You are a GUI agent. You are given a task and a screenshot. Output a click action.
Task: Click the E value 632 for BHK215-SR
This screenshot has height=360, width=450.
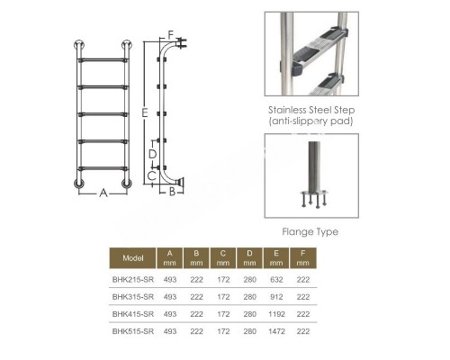(276, 280)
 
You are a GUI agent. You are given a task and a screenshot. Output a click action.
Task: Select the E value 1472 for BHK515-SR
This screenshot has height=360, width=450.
(276, 331)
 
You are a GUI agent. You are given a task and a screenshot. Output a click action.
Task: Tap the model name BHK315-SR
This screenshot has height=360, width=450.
(133, 297)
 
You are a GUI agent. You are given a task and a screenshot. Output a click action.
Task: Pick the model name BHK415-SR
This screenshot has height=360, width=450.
(133, 314)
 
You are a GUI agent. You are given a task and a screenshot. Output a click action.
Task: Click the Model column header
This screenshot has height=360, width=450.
(133, 258)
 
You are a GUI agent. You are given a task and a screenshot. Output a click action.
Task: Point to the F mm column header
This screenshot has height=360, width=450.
(302, 258)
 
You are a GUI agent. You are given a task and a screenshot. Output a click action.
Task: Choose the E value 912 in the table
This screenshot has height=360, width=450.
(276, 297)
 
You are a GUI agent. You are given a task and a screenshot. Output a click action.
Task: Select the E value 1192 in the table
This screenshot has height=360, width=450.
(276, 314)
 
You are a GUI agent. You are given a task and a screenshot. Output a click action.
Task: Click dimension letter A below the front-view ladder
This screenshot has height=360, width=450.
(103, 193)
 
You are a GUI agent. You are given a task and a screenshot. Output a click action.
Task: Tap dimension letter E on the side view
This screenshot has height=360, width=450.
(145, 112)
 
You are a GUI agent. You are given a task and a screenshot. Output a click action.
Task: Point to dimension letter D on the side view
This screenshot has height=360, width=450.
(152, 154)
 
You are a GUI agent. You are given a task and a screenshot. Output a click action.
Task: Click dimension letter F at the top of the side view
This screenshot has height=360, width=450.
(171, 35)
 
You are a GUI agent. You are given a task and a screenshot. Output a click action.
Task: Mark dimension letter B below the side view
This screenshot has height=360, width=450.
(172, 192)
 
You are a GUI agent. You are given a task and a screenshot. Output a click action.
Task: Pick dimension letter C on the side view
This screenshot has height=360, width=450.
(152, 175)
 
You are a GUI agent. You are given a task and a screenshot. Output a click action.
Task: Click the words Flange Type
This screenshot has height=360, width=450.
(310, 232)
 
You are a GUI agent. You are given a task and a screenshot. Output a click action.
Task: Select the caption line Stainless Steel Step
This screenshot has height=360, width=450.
(311, 110)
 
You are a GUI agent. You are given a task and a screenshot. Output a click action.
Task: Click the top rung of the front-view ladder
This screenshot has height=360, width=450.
(103, 60)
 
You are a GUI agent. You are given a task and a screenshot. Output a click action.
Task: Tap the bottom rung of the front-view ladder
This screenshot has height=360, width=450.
(103, 168)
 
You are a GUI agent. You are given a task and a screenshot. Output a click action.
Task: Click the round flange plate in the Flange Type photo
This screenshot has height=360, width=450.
(314, 193)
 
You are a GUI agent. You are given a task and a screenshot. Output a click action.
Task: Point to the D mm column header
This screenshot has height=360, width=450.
(249, 258)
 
